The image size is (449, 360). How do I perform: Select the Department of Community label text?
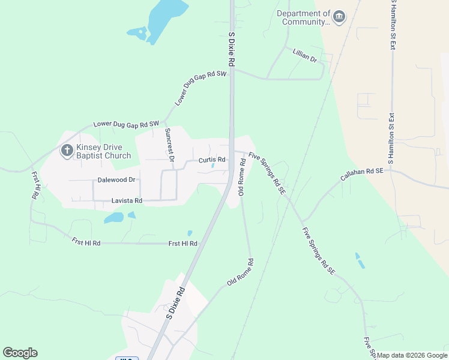coord(304,17)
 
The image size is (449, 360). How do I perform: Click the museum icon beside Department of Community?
coord(339,17)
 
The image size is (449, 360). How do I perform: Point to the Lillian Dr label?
coord(304,56)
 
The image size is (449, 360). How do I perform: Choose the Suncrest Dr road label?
coord(169,145)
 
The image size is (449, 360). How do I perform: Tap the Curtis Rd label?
coord(212,160)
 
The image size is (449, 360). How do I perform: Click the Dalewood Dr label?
coord(116,179)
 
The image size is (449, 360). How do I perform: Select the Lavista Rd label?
coord(126,200)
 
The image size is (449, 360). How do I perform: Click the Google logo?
coord(20,352)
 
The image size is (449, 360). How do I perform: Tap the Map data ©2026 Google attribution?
coord(412,355)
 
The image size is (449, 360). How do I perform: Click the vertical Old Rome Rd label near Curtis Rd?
coord(243,177)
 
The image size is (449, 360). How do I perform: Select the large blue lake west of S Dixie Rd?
coord(163,18)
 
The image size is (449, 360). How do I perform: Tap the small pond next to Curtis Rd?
coord(214,167)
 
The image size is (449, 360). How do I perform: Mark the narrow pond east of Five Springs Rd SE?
coord(359,260)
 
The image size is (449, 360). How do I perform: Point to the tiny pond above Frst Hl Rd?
coord(190,233)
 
